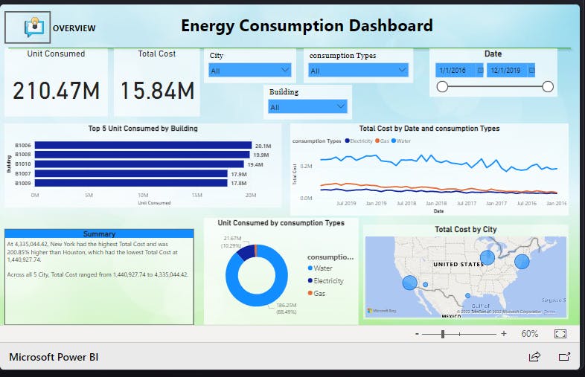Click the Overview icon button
click(28, 28)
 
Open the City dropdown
click(250, 71)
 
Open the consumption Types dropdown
click(358, 71)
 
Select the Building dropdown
click(308, 107)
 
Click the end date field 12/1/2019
click(511, 70)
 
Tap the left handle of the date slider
click(442, 87)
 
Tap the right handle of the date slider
click(549, 87)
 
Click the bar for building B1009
click(130, 182)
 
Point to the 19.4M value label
click(255, 164)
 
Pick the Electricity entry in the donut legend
click(328, 281)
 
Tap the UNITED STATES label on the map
click(458, 264)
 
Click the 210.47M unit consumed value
click(56, 91)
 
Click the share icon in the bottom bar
click(534, 357)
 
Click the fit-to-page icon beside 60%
click(560, 334)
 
